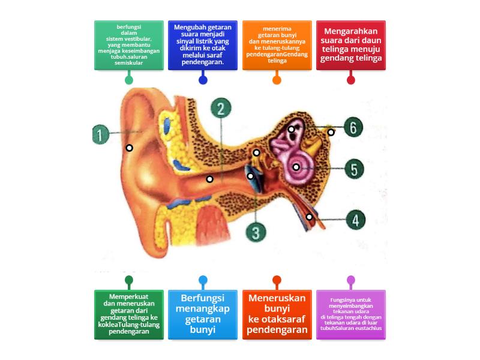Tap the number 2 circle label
221,109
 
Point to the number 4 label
356,220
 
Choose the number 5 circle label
354,169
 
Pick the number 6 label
353,127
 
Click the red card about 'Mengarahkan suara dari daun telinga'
351,45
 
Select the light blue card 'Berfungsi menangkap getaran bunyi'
203,315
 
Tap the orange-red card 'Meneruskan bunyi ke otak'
277,315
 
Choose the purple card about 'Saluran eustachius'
351,315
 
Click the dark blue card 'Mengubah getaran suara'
203,45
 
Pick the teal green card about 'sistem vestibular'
128,45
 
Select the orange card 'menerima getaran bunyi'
277,45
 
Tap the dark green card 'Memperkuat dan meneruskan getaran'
128,315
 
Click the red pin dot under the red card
351,80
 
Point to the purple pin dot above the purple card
351,280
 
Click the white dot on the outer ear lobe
129,148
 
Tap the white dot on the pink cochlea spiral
296,167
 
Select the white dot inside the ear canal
209,179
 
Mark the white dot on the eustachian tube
310,217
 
